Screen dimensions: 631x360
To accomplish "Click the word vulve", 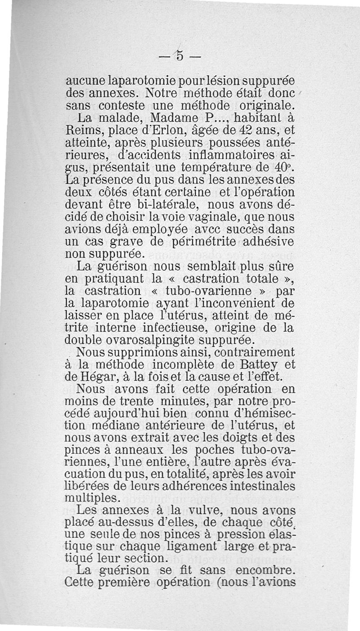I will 215,510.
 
